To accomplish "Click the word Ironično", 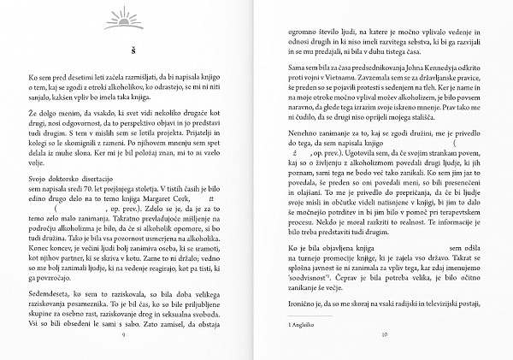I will click(306, 304).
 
